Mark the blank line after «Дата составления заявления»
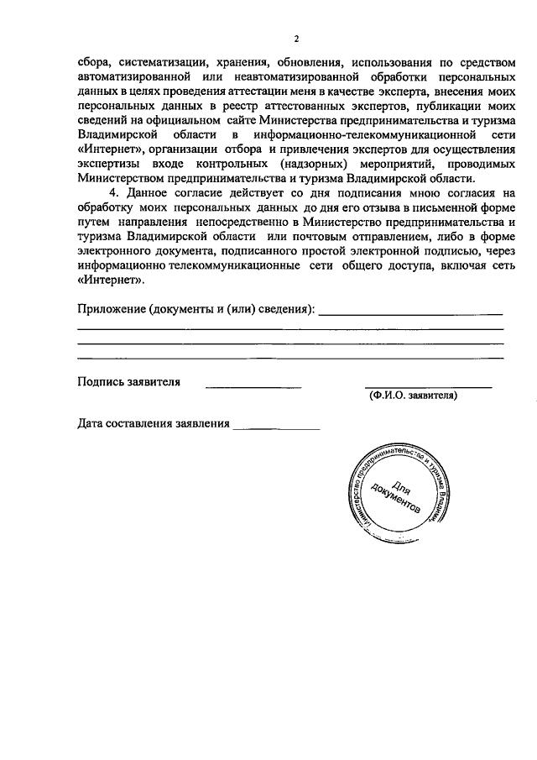[x=277, y=427]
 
